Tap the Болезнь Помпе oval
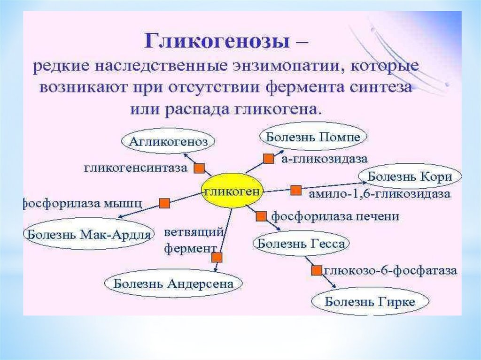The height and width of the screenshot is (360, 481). [313, 137]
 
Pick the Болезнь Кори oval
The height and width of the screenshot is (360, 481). [410, 177]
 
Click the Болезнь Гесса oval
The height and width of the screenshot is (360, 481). [302, 244]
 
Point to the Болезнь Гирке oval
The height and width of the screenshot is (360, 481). [370, 302]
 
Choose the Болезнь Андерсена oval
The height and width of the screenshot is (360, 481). [173, 283]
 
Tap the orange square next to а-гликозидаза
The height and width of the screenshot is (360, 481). [268, 159]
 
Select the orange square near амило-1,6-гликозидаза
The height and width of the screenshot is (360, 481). [295, 191]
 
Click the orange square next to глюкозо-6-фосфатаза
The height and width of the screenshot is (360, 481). [316, 271]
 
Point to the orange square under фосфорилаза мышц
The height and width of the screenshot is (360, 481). [164, 203]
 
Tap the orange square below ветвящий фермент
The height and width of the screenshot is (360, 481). [217, 257]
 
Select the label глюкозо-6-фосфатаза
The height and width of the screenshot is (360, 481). [390, 271]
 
